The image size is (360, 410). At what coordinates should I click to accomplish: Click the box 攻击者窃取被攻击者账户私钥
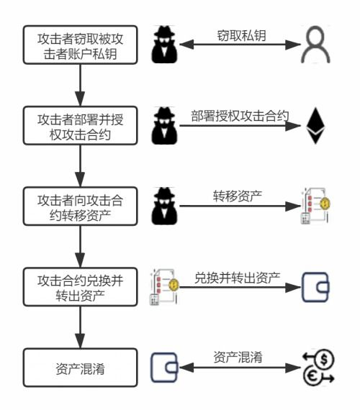(80, 45)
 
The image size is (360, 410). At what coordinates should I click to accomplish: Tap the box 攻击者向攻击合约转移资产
(80, 206)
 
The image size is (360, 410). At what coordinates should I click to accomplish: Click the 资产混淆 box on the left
(80, 368)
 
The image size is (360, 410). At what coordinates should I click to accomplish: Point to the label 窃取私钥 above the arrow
(238, 34)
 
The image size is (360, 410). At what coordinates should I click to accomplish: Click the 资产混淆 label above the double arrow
(237, 357)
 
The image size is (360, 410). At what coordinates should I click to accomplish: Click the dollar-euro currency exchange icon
(316, 368)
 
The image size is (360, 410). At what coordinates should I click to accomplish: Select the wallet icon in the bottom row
(163, 368)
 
